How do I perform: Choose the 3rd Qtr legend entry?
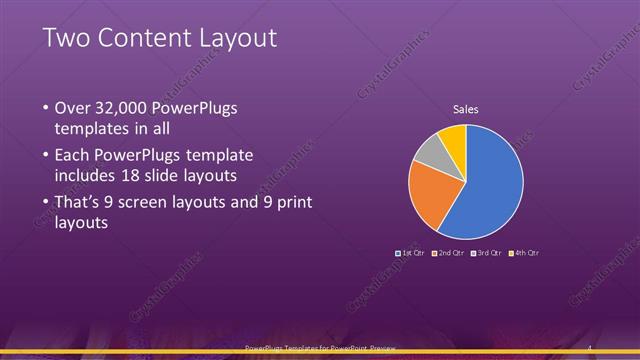click(487, 253)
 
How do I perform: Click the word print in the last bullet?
click(288, 203)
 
